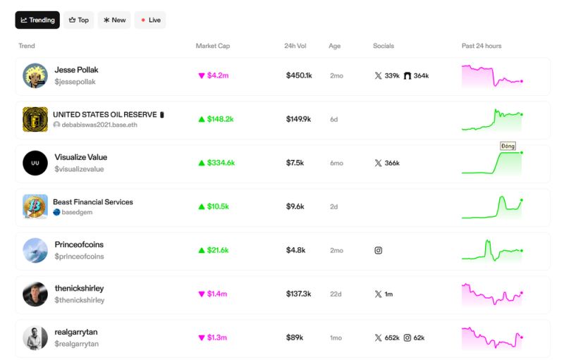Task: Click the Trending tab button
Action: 37,20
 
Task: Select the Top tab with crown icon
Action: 78,20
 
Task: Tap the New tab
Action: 114,20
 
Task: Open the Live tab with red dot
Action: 150,20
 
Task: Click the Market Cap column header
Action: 212,46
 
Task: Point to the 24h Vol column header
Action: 296,46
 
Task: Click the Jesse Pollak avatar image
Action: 35,76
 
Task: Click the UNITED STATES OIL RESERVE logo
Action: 35,119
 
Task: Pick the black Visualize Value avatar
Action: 35,163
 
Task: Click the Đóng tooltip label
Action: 508,146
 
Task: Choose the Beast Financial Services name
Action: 93,201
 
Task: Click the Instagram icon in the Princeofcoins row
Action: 378,250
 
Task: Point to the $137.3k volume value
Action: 299,294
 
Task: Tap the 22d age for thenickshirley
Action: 336,294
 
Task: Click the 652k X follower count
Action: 391,337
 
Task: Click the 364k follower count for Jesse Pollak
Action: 422,75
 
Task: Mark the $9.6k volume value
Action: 295,206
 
